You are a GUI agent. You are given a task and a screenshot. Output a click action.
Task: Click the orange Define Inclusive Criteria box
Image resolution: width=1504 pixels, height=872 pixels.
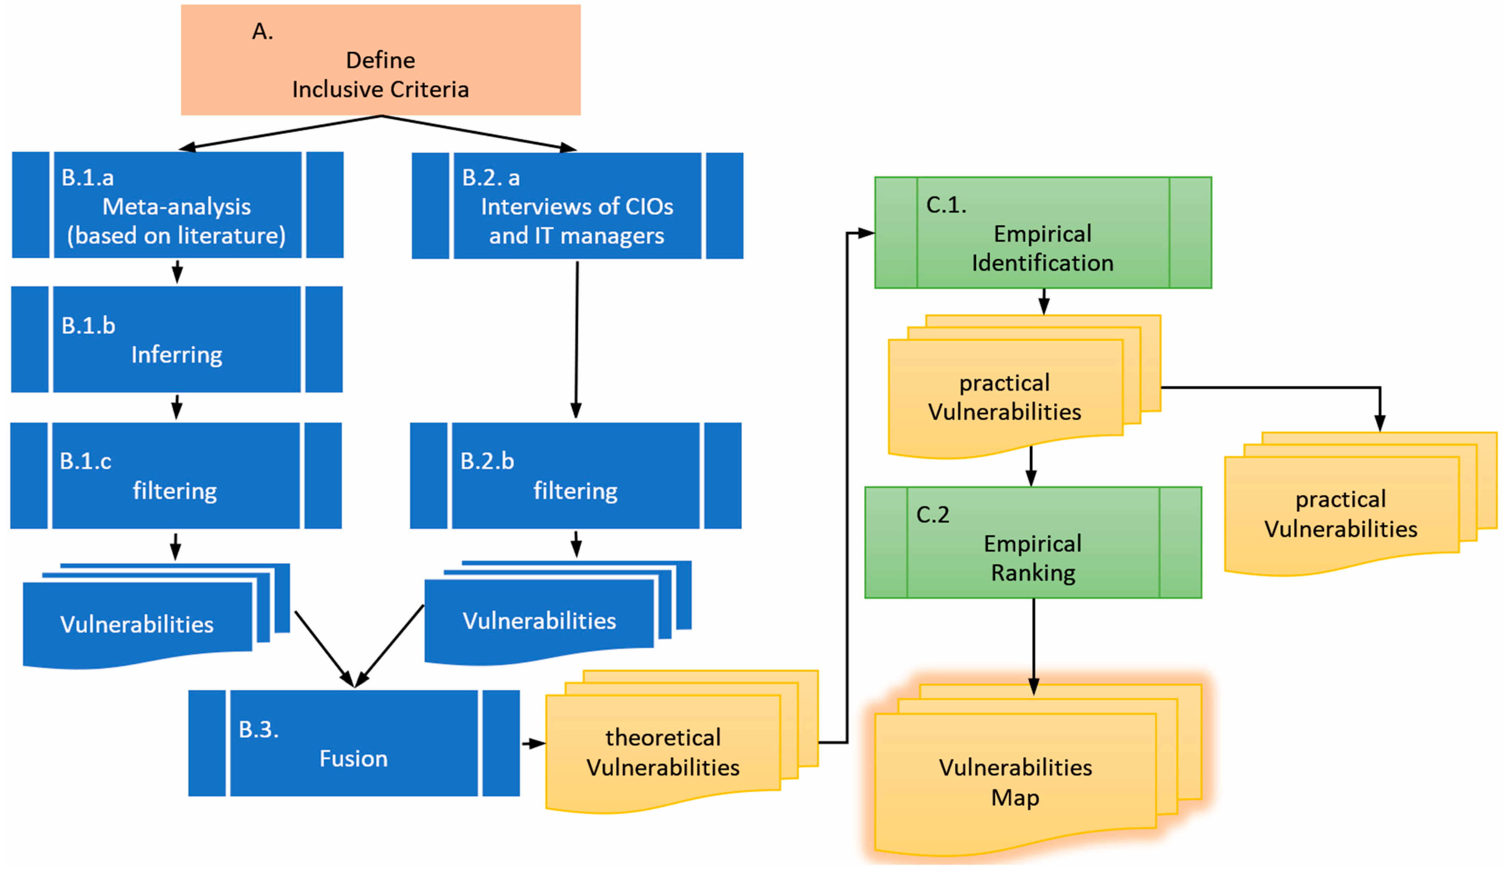381,60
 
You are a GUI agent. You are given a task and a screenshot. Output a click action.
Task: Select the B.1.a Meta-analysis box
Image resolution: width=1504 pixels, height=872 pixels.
178,205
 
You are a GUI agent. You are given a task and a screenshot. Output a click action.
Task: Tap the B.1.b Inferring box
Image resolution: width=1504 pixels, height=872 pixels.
177,339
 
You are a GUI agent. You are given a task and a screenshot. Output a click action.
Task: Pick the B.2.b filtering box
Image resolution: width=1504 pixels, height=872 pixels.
576,476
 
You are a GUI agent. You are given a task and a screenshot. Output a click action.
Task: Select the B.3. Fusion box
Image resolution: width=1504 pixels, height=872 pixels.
354,743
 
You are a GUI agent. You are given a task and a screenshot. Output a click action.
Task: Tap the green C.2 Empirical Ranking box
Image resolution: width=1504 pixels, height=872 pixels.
1033,542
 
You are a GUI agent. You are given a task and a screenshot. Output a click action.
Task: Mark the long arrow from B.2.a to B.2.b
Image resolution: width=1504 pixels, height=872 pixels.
577,339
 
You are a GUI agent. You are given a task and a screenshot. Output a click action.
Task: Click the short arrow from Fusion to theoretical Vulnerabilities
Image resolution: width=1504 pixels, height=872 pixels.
534,744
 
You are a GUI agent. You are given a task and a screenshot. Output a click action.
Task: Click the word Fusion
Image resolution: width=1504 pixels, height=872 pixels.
353,759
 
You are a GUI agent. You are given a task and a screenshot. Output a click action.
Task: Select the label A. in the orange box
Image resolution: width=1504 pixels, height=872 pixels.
262,32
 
